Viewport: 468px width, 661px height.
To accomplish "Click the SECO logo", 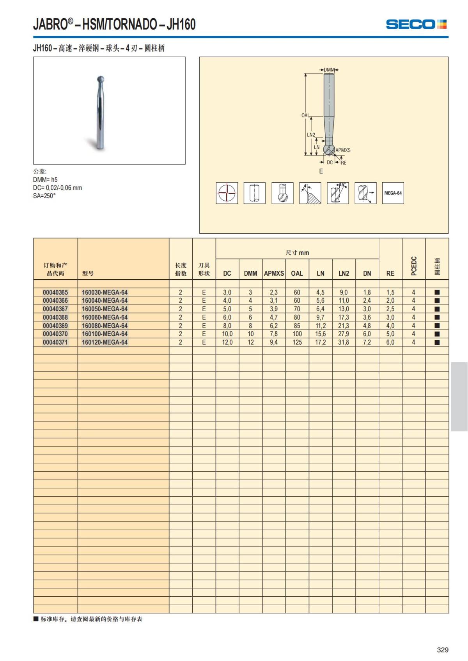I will click(x=416, y=24).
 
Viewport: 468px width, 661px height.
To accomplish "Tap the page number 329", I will click(x=443, y=650).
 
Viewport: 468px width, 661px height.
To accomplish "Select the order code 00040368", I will click(x=55, y=317).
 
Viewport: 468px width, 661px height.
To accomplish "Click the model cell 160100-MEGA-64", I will click(x=105, y=334).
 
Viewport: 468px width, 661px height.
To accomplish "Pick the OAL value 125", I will click(x=297, y=342).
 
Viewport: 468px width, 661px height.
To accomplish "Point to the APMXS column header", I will click(x=274, y=273).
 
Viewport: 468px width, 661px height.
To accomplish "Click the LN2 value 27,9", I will click(x=344, y=334).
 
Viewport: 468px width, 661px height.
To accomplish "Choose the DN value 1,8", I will click(x=367, y=293).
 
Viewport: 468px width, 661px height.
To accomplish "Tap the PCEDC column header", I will click(x=414, y=266).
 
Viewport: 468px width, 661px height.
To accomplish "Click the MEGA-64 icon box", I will click(x=393, y=193).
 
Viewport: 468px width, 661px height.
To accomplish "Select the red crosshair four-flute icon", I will click(x=227, y=193).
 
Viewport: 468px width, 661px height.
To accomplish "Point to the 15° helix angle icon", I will click(x=338, y=193).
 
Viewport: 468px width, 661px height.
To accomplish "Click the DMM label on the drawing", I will click(x=329, y=70).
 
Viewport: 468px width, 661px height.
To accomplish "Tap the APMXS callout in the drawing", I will click(x=343, y=150).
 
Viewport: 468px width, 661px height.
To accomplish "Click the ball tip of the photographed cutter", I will click(x=100, y=79).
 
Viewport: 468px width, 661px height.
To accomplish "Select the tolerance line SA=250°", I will click(x=44, y=196).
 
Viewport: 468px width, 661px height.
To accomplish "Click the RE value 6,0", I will click(x=390, y=342).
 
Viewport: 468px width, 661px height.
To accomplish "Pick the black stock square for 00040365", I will click(x=437, y=293).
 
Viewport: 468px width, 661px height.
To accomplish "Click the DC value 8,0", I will click(x=227, y=326).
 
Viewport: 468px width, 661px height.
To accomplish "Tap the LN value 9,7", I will click(x=320, y=317).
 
